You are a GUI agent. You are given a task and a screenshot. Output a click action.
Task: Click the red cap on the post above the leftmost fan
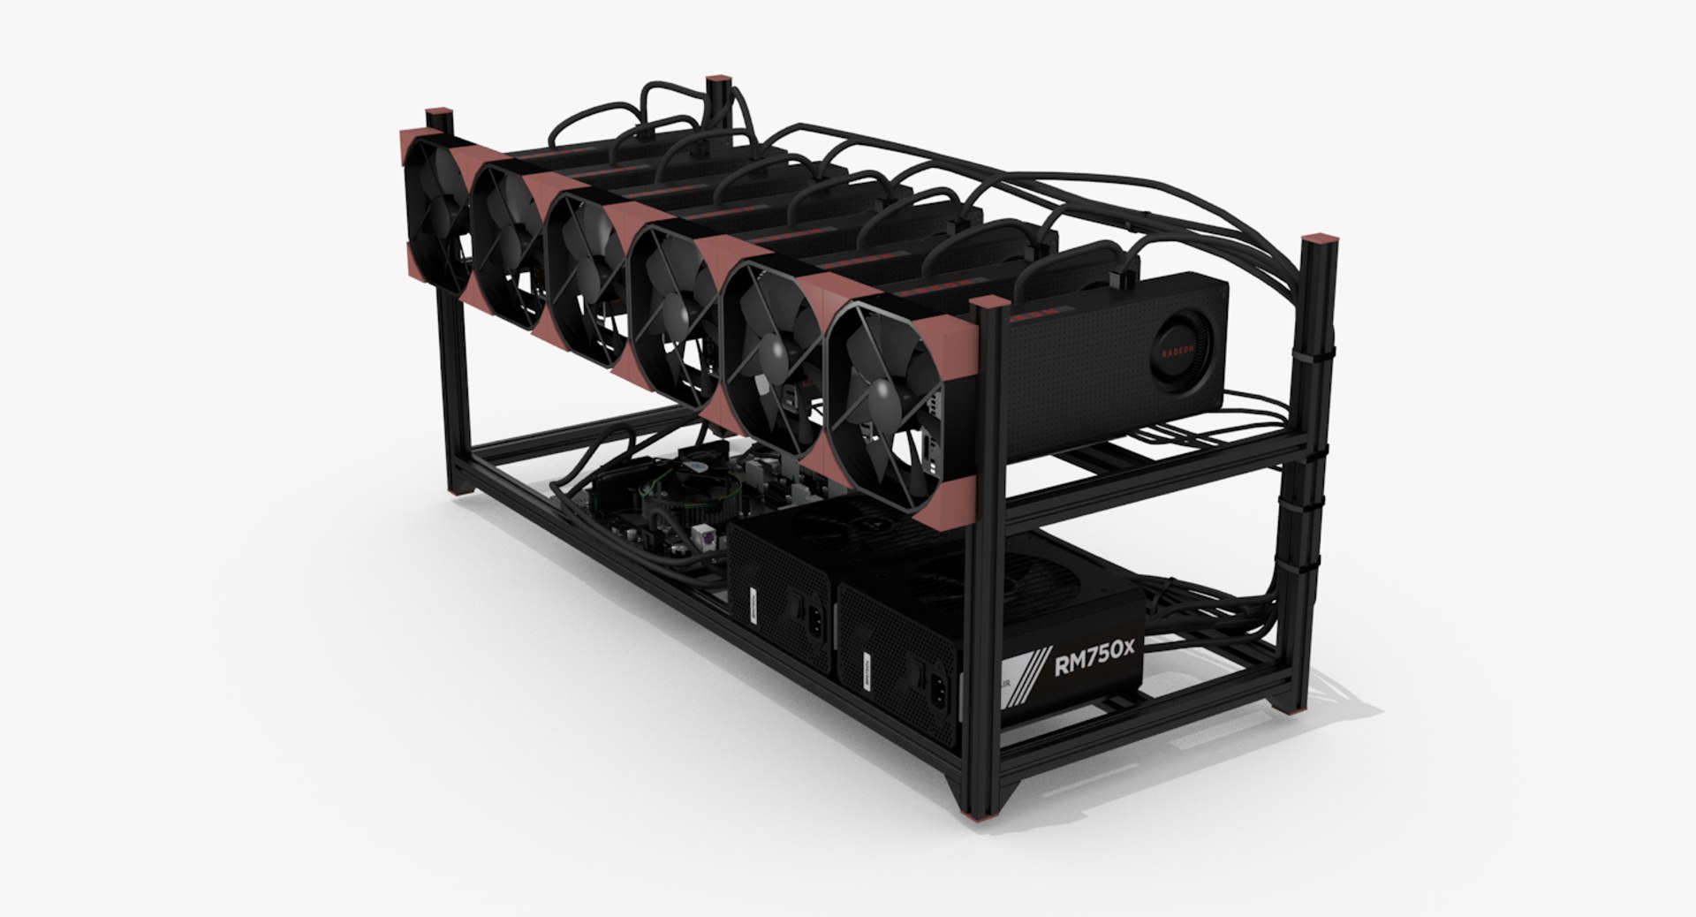(439, 115)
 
